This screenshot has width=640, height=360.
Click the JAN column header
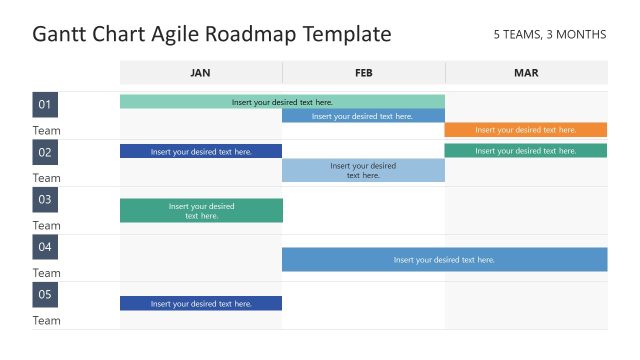coord(201,73)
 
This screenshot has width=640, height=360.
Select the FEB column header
coord(363,73)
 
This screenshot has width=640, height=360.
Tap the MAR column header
coord(526,73)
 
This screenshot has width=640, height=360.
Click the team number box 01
coord(45,105)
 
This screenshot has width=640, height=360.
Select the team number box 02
coord(45,152)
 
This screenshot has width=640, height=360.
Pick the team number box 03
coord(45,200)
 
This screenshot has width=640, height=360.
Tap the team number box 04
coord(45,247)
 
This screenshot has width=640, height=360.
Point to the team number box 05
coord(45,295)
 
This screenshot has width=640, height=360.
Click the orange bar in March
coord(526,130)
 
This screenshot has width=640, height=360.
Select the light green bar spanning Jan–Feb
coord(282,101)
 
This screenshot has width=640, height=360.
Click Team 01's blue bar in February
coord(363,116)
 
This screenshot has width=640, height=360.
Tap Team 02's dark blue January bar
coord(201,151)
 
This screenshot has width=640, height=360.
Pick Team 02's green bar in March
coord(526,151)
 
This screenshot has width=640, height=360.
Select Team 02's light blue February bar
coord(363,170)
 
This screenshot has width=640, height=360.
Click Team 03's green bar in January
coord(201,211)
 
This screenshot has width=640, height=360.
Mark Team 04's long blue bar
coord(444,259)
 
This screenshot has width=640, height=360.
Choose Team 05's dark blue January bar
coord(201,303)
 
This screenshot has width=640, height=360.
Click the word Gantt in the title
coord(62,35)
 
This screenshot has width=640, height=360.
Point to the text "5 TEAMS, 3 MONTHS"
coord(549,35)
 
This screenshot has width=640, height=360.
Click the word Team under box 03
coord(46,226)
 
